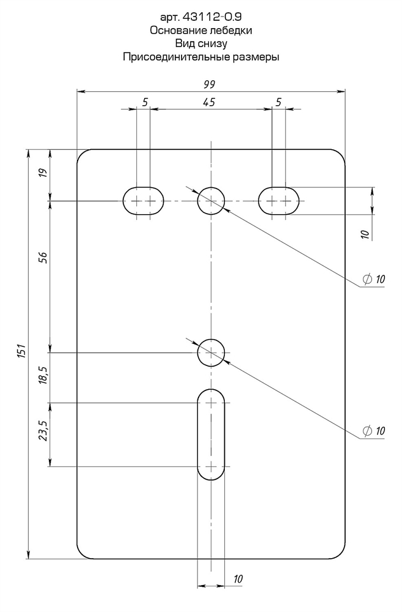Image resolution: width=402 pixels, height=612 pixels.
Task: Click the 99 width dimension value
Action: point(211,84)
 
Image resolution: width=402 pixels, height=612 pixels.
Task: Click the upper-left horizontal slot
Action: point(144,200)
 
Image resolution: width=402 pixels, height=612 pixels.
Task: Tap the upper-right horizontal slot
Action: point(279,200)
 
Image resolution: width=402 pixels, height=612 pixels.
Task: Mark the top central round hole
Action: point(211,200)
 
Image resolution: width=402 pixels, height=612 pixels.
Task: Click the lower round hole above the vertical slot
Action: point(211,353)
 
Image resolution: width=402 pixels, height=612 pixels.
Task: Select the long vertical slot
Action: point(211,435)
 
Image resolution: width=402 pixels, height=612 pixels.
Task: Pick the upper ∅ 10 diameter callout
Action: point(373,279)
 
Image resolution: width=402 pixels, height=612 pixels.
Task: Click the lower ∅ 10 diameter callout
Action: point(373,431)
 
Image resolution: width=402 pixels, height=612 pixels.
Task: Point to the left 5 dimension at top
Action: point(145,102)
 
